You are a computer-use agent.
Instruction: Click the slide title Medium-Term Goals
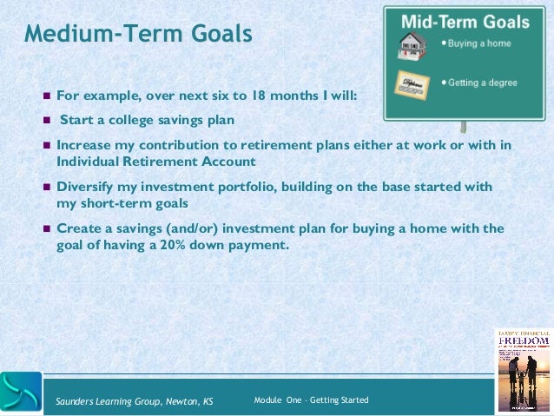(138, 34)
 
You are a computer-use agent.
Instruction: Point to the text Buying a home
(478, 43)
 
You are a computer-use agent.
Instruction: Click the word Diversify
(88, 187)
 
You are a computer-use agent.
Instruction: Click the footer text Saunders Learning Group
(134, 400)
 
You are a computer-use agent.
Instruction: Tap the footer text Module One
(311, 399)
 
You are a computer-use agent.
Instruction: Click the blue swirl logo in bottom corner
(21, 392)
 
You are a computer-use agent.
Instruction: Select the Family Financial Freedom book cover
(524, 370)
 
